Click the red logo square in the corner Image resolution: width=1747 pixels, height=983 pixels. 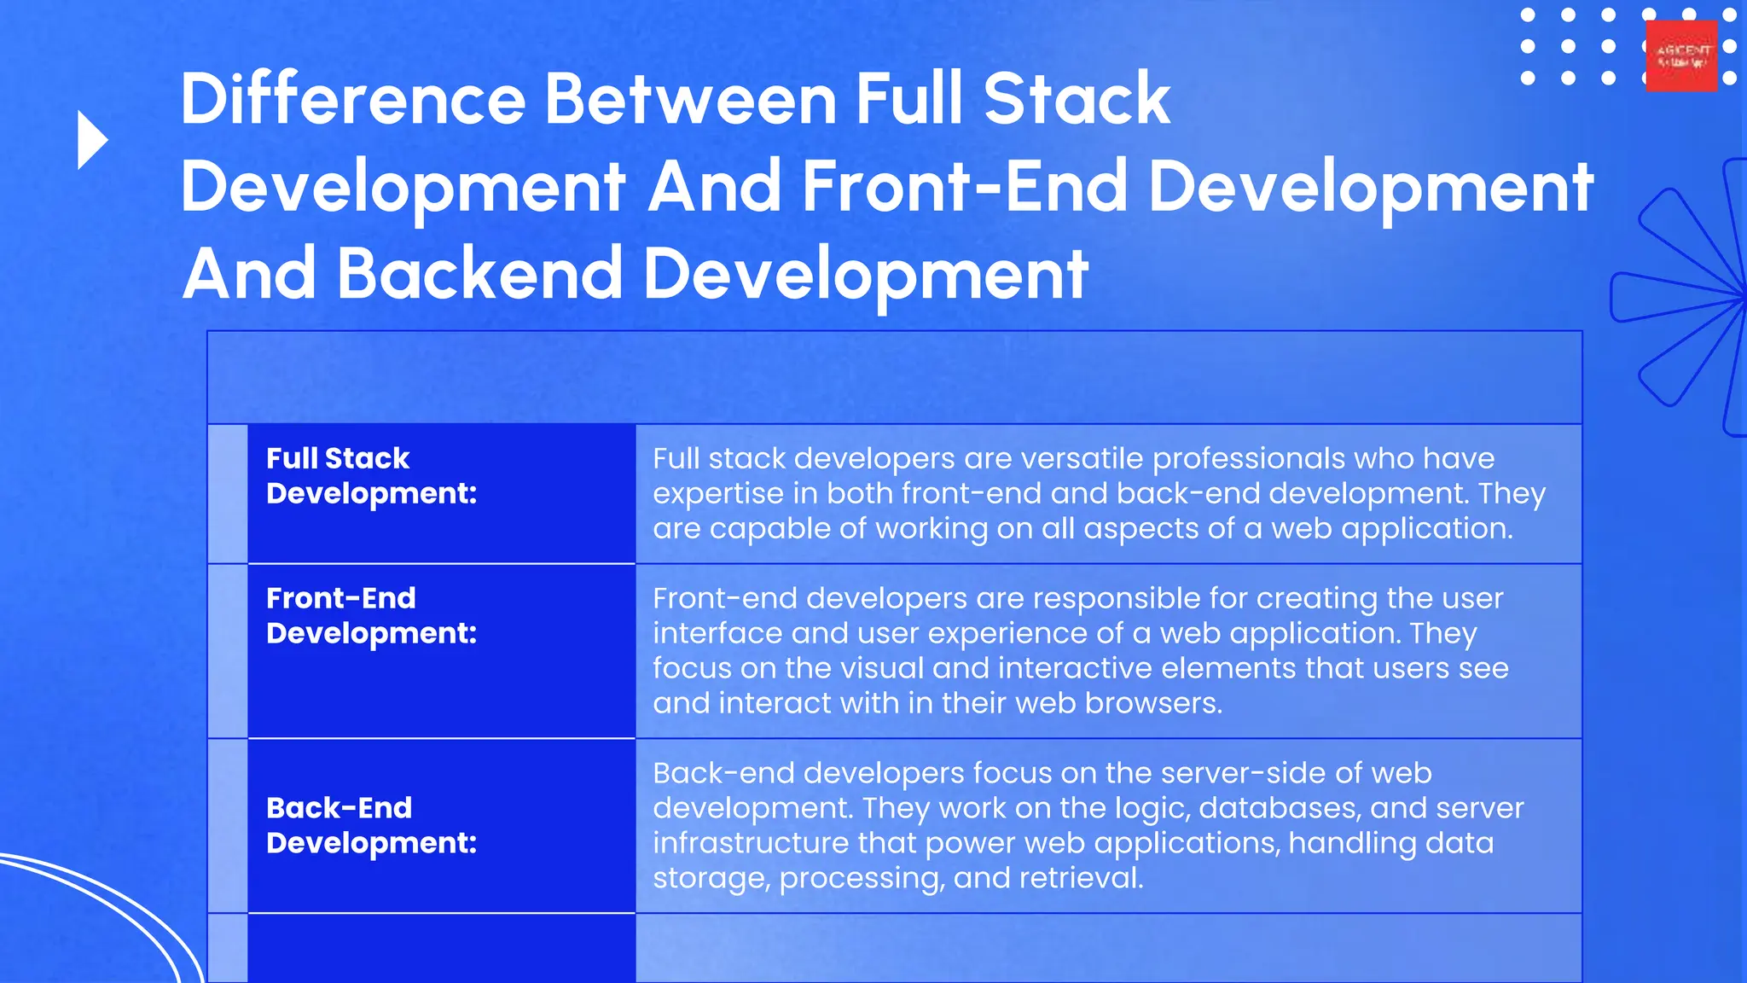[x=1680, y=56]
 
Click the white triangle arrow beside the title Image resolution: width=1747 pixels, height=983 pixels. [x=91, y=140]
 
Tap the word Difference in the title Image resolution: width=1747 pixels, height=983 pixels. [x=352, y=99]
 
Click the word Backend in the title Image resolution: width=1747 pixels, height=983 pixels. [x=479, y=274]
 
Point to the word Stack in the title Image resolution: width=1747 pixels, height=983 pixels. [x=1077, y=99]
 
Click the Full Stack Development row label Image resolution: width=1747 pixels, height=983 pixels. [x=371, y=475]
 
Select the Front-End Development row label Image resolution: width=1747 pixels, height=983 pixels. [x=371, y=615]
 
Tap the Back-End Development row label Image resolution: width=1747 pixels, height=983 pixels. [x=371, y=825]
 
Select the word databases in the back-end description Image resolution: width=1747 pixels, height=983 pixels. [x=1268, y=808]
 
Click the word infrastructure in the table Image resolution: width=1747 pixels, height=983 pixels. [x=750, y=843]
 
